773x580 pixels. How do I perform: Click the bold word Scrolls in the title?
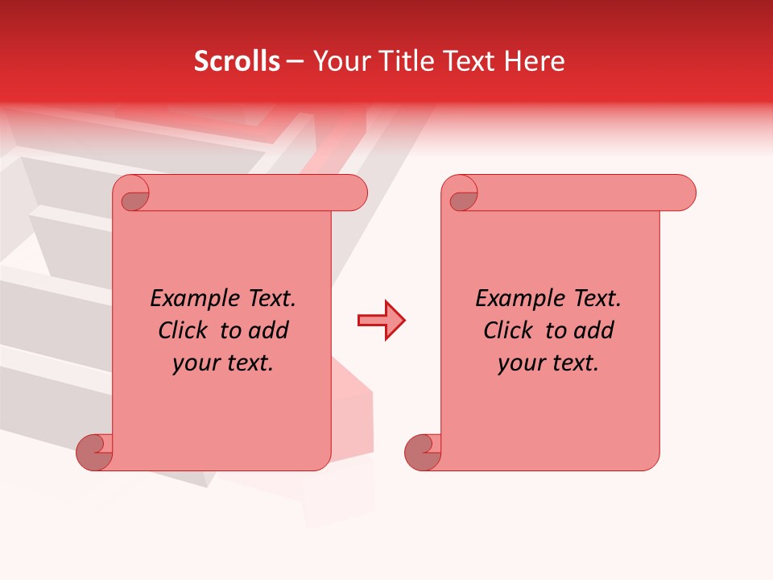[x=237, y=61]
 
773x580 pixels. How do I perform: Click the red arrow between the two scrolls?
[x=381, y=321]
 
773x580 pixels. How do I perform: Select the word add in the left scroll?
[x=268, y=330]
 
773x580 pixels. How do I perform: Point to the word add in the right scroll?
[x=593, y=330]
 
